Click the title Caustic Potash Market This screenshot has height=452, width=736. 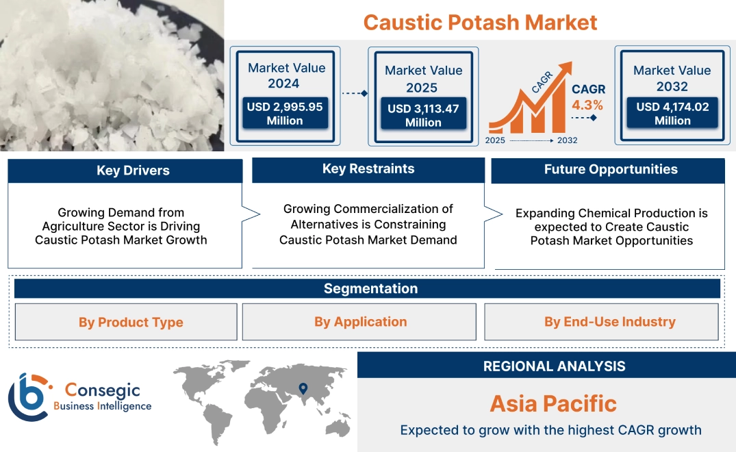coord(480,22)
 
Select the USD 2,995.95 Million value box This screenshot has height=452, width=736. coord(285,114)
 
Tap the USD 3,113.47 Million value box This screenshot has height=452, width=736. coord(423,115)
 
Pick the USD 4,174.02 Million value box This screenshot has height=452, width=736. coord(672,114)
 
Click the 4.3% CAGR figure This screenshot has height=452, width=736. coord(587,105)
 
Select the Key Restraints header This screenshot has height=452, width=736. coord(368,169)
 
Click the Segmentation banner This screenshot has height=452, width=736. coord(370,288)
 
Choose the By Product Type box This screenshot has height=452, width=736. coord(131,322)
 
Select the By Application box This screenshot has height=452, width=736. coord(360,322)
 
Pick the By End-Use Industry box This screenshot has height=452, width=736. coord(609,322)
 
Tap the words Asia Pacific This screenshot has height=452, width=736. coord(553,403)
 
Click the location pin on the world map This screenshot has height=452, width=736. coord(303,389)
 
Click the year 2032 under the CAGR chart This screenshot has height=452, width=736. coord(567,140)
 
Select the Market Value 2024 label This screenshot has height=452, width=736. coord(286,75)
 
